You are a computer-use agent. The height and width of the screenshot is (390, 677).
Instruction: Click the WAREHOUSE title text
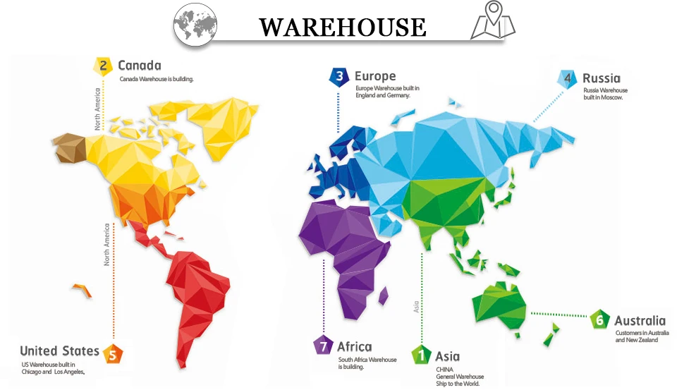tap(343, 27)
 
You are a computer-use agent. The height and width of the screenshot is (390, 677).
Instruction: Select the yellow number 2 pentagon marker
tap(103, 66)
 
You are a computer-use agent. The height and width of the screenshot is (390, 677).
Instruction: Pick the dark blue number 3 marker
tap(339, 77)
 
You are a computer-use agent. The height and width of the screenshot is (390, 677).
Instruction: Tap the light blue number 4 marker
tap(568, 79)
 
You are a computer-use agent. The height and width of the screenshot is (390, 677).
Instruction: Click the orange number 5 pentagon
tap(111, 353)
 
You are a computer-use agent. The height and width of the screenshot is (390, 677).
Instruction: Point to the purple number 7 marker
tap(322, 346)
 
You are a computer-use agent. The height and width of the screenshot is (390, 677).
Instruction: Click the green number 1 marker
tap(422, 355)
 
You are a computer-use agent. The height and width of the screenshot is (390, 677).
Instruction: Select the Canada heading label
tap(140, 66)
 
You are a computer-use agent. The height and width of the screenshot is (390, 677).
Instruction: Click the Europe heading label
tap(375, 76)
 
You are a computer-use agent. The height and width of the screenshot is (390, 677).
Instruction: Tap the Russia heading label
tap(602, 78)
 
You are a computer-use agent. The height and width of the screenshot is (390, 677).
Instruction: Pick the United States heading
tap(59, 351)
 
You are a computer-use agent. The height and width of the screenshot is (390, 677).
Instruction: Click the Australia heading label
tap(640, 321)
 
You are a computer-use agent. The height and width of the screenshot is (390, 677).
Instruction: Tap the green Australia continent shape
tap(499, 305)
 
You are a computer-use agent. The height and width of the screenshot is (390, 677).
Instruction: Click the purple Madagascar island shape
tap(383, 295)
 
